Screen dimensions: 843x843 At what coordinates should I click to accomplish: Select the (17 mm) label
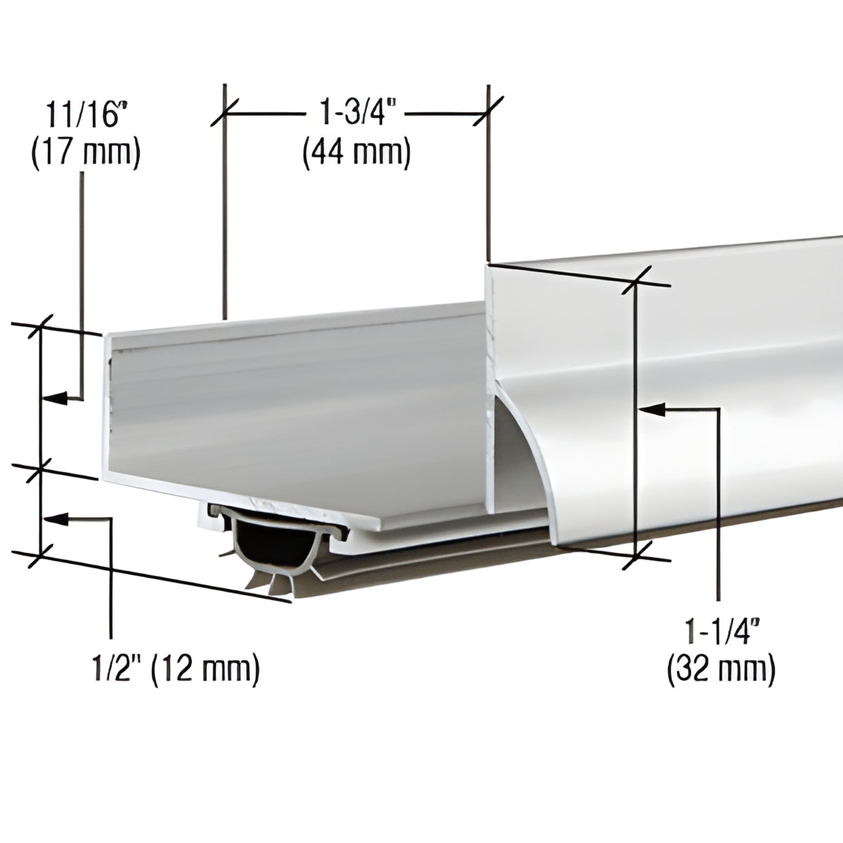[85, 154]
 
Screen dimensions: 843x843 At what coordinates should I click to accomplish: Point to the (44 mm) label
[356, 154]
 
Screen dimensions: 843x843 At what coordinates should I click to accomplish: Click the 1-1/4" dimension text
[722, 631]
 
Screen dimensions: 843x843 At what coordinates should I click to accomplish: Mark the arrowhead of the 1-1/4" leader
[645, 410]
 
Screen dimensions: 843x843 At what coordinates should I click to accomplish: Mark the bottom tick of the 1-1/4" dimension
[636, 555]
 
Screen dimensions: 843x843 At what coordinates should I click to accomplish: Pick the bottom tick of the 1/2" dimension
[40, 555]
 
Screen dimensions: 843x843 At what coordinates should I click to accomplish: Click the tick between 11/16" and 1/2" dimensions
[40, 468]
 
